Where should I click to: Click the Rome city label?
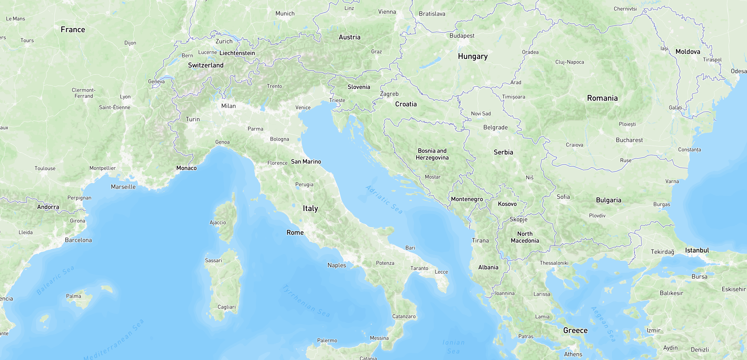pyautogui.click(x=295, y=233)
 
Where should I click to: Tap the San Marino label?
pyautogui.click(x=306, y=161)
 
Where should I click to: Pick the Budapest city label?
pyautogui.click(x=462, y=36)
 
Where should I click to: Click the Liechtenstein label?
pyautogui.click(x=237, y=53)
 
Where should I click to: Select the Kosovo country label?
pyautogui.click(x=507, y=204)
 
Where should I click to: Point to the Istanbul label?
pyautogui.click(x=697, y=250)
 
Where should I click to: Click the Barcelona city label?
pyautogui.click(x=78, y=240)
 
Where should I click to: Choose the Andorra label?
pyautogui.click(x=48, y=207)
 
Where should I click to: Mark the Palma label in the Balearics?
pyautogui.click(x=74, y=296)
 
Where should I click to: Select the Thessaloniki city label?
pyautogui.click(x=554, y=263)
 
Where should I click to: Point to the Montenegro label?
pyautogui.click(x=467, y=199)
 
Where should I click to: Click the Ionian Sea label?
pyautogui.click(x=453, y=347)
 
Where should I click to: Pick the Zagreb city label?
pyautogui.click(x=389, y=94)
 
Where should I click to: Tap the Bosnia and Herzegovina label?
pyautogui.click(x=432, y=154)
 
